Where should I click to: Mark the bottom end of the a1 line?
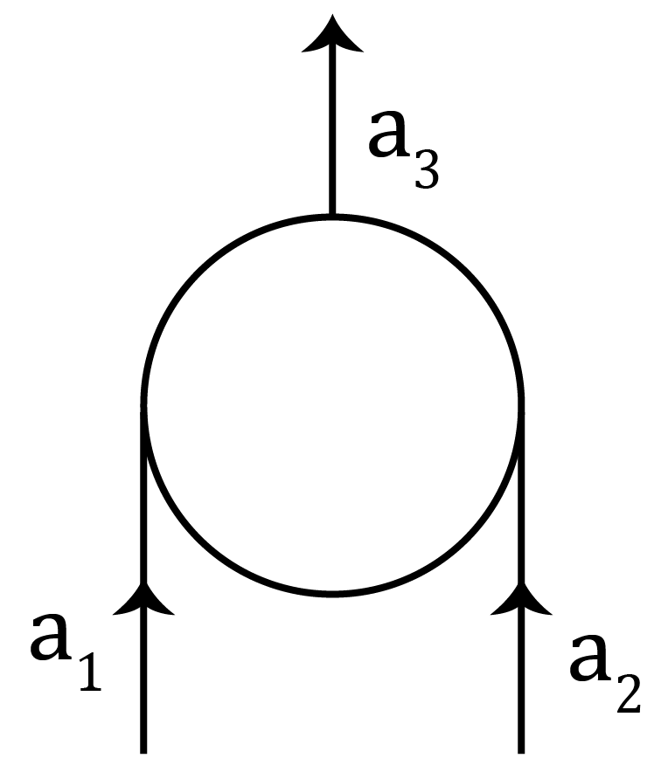(x=143, y=749)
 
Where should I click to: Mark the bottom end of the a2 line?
(x=523, y=749)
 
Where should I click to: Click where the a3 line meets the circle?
(x=331, y=215)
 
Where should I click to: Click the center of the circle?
(x=332, y=404)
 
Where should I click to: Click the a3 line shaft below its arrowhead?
(x=331, y=131)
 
